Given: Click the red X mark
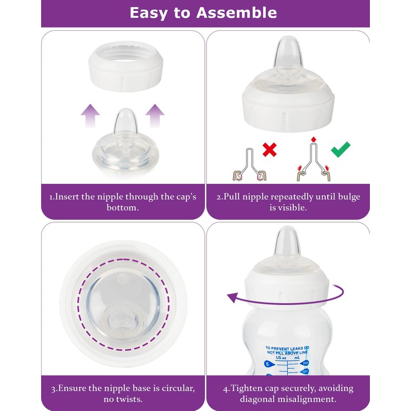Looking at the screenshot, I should pos(270,150).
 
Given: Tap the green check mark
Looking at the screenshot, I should pos(340,150).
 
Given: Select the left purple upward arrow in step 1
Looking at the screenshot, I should pos(91,116).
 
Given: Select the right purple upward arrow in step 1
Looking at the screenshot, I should pos(155,116).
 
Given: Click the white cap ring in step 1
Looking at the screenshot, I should pos(126,66).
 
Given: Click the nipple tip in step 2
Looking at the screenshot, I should pos(284,51).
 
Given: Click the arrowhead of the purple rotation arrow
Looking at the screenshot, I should pos(232,297).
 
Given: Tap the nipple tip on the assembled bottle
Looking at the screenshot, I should pos(284,240).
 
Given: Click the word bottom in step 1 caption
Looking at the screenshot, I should pos(122,208).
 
